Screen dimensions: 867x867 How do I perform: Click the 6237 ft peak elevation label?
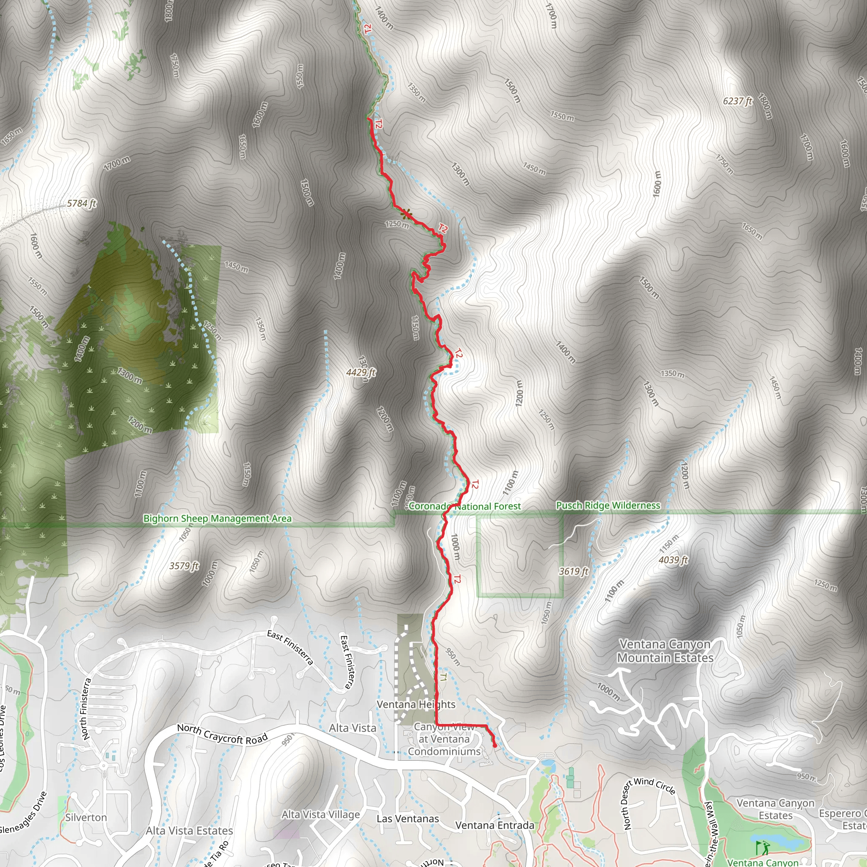tap(737, 102)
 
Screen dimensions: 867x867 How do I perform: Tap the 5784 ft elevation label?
tap(82, 204)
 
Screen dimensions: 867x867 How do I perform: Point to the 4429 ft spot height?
tap(361, 373)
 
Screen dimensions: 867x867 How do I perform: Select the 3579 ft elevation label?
tap(184, 566)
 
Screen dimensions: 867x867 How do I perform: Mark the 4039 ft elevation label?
tap(673, 560)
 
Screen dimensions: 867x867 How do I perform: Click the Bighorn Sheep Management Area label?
tap(217, 519)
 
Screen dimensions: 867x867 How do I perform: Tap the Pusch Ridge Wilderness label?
tap(608, 506)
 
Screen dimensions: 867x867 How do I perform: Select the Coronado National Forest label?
tap(464, 507)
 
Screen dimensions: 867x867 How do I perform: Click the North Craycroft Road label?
tap(222, 734)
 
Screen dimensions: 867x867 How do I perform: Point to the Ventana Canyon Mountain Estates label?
tap(665, 651)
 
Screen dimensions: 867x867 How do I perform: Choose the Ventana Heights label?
tap(416, 704)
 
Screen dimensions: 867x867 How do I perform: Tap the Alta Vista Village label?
tap(321, 815)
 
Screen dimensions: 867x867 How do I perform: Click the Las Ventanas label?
tap(408, 819)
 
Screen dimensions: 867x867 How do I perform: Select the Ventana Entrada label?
tap(494, 825)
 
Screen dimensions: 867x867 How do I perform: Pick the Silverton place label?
tap(86, 817)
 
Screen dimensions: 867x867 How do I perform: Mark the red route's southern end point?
tap(495, 746)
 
